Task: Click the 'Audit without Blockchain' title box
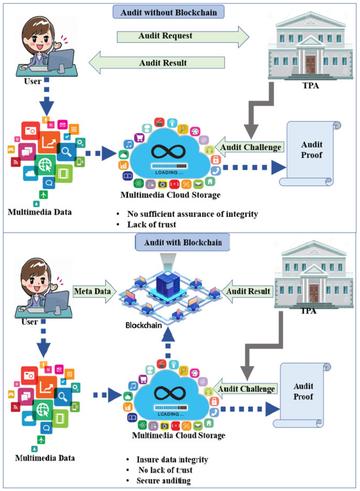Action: pyautogui.click(x=168, y=12)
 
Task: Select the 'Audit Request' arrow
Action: pyautogui.click(x=179, y=36)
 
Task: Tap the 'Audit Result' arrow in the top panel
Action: pyautogui.click(x=160, y=63)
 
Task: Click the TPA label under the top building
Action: pyautogui.click(x=311, y=86)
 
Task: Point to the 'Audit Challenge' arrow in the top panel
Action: pyautogui.click(x=250, y=147)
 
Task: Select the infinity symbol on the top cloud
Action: pyautogui.click(x=168, y=151)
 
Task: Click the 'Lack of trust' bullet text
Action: pyautogui.click(x=151, y=225)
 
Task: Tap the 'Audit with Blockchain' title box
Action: pyautogui.click(x=183, y=243)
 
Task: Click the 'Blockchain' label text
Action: pyautogui.click(x=144, y=325)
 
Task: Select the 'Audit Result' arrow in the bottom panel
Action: pyautogui.click(x=247, y=291)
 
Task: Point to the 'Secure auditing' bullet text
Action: pyautogui.click(x=163, y=481)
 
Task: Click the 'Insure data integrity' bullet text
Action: pyautogui.click(x=172, y=460)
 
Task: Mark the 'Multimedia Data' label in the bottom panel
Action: pyautogui.click(x=45, y=458)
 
